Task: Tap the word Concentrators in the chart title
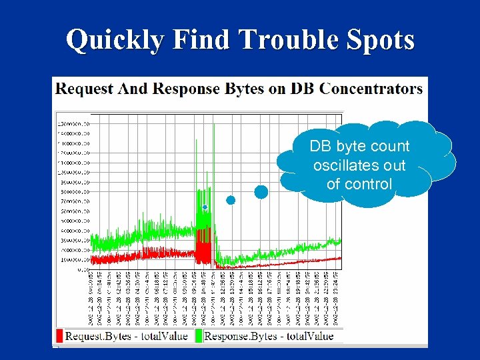point(371,88)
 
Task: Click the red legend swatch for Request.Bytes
point(59,336)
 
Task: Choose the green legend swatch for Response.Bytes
point(199,336)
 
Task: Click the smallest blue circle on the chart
point(205,207)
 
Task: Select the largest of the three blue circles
point(261,192)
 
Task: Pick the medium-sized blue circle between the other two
point(231,200)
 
